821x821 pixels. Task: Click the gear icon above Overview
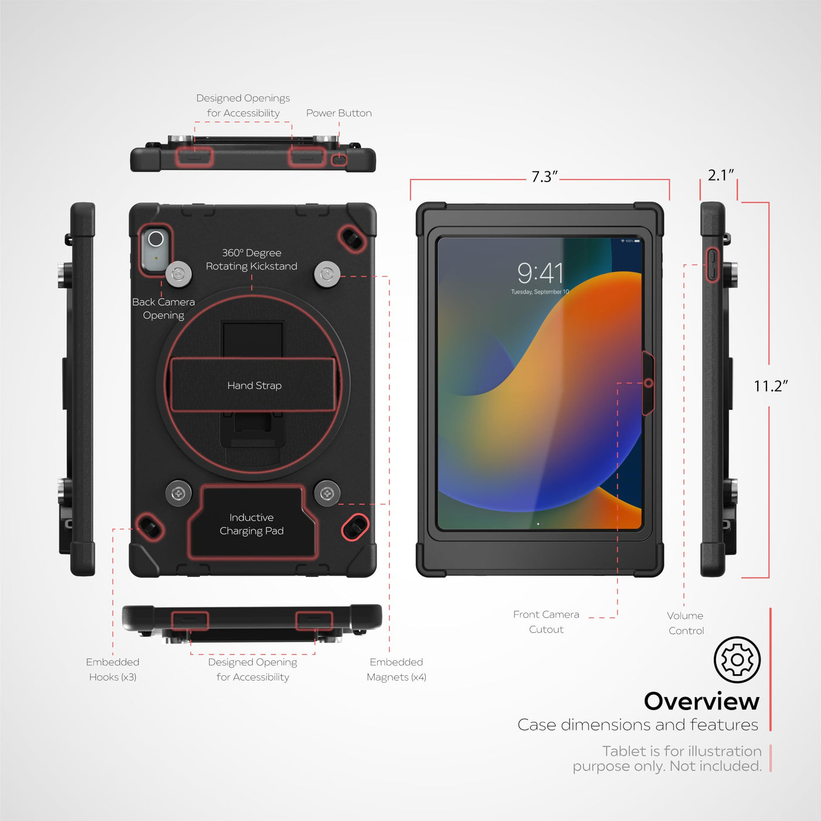coord(737,660)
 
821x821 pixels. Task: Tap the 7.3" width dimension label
coord(544,177)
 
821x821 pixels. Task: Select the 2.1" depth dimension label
coord(721,175)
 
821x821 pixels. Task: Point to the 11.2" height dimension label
coord(771,386)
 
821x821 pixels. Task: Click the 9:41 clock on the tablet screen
coord(540,273)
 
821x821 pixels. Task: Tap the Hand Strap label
coord(255,386)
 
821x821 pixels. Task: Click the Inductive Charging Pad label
coord(252,524)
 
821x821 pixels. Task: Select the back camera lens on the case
coord(155,239)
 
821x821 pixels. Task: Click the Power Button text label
coord(339,113)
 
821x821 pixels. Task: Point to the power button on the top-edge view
coord(339,160)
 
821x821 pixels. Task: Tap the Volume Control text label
coord(686,623)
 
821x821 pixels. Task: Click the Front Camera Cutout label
coord(546,622)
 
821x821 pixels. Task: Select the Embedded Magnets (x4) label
coord(396,670)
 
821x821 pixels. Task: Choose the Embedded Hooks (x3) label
coord(113,670)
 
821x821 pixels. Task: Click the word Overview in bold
coord(701,702)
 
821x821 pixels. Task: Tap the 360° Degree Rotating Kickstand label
coord(252,259)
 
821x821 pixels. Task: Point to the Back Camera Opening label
coord(164,309)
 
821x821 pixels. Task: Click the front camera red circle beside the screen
coord(648,383)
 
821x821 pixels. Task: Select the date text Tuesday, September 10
coord(540,292)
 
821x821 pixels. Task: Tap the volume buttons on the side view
coord(712,265)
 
